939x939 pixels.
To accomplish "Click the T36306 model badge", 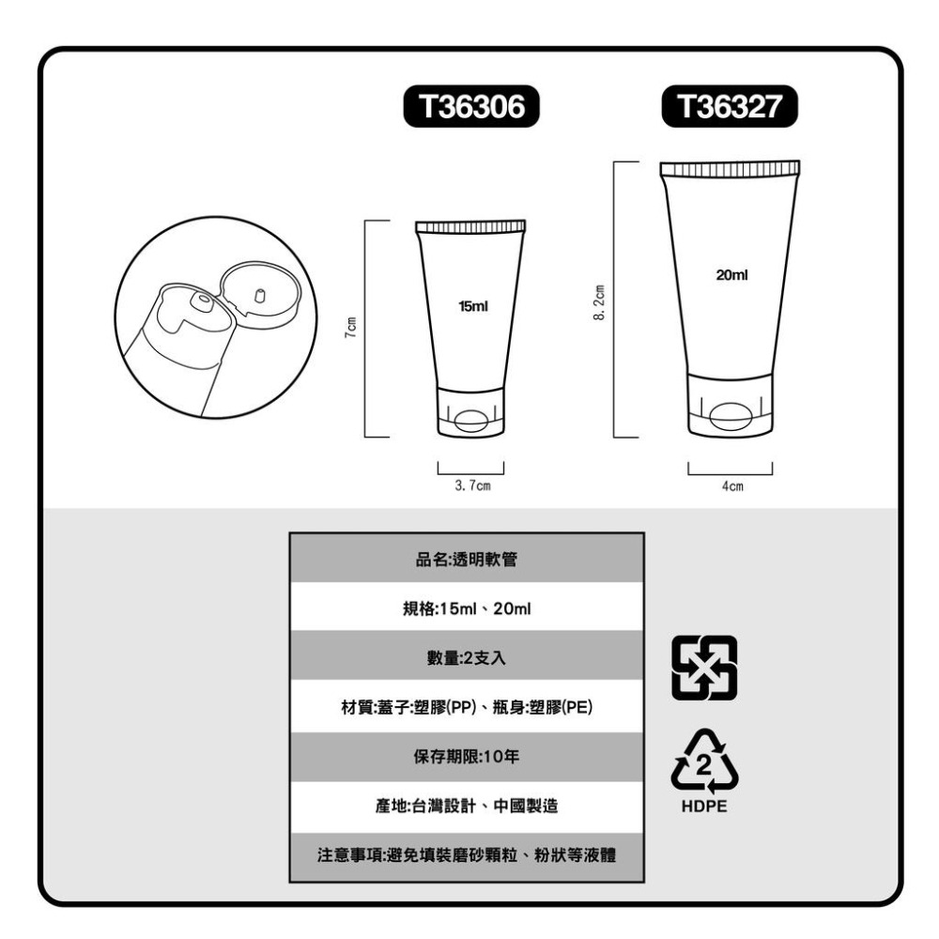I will [x=470, y=108].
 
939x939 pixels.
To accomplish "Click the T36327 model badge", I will [x=730, y=108].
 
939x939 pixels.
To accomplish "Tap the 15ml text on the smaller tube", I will [x=472, y=307].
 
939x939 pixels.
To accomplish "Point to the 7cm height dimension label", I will [x=348, y=330].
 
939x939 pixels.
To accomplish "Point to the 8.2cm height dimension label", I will [x=598, y=301].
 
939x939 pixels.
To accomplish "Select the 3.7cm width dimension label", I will [x=471, y=486].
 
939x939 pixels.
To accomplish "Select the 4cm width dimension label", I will [x=731, y=486].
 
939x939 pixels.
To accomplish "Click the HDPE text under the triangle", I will [x=704, y=806].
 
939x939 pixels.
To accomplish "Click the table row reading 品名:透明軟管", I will [x=467, y=560].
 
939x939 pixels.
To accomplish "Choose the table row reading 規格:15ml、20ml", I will [x=467, y=608].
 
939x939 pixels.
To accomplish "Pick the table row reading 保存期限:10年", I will [x=467, y=756].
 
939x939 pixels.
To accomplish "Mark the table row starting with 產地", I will [x=467, y=806].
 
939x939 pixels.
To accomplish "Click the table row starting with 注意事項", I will [x=467, y=855].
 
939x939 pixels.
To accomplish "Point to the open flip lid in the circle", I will [x=259, y=290].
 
